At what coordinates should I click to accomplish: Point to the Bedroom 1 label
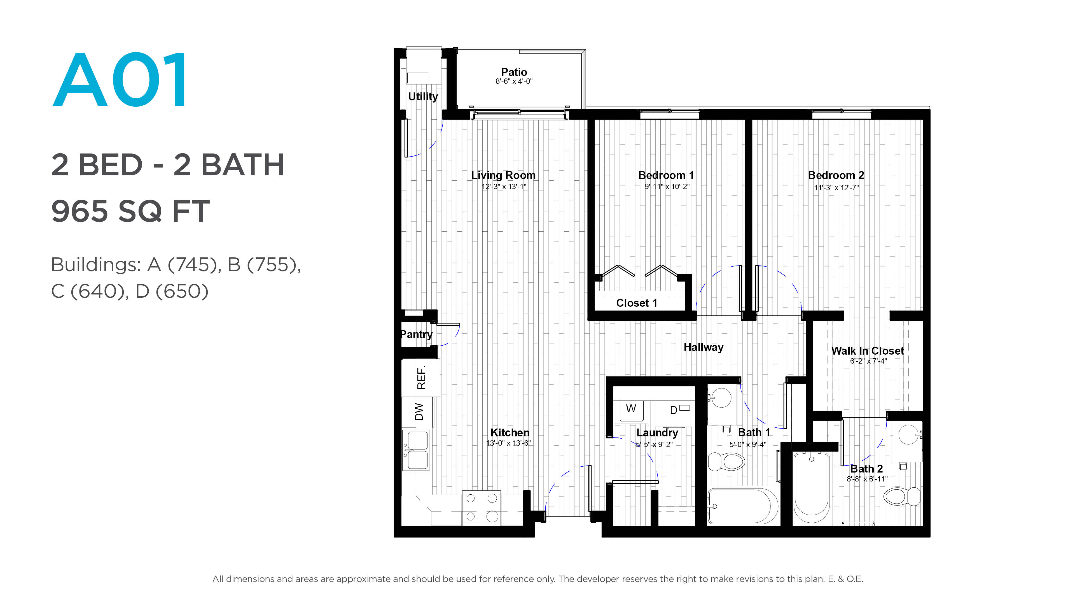pyautogui.click(x=666, y=175)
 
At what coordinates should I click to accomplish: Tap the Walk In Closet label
pyautogui.click(x=868, y=351)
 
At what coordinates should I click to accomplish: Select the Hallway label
pyautogui.click(x=703, y=347)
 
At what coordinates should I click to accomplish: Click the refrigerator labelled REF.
pyautogui.click(x=421, y=378)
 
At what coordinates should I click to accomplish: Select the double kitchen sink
pyautogui.click(x=416, y=450)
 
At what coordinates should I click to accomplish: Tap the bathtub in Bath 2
pyautogui.click(x=812, y=487)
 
